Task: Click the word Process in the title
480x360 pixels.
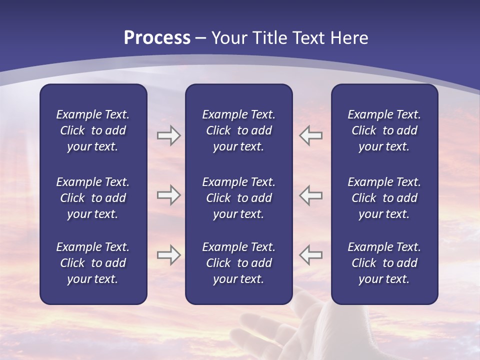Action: pyautogui.click(x=157, y=38)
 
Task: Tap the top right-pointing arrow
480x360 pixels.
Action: pyautogui.click(x=168, y=135)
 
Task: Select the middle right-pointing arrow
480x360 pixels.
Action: pyautogui.click(x=168, y=195)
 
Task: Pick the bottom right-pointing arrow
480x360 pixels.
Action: pyautogui.click(x=168, y=255)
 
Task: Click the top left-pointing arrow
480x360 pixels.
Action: pyautogui.click(x=311, y=135)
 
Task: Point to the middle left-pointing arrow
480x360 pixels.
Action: pyautogui.click(x=311, y=195)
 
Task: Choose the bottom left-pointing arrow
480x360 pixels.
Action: pyautogui.click(x=311, y=255)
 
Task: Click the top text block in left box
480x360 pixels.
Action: pyautogui.click(x=93, y=130)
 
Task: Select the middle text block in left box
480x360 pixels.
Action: pyautogui.click(x=93, y=198)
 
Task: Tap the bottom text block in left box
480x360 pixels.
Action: pyautogui.click(x=93, y=263)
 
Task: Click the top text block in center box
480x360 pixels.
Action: pyautogui.click(x=238, y=130)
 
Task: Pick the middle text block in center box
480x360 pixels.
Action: pyautogui.click(x=238, y=198)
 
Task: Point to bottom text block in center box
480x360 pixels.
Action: pyautogui.click(x=238, y=263)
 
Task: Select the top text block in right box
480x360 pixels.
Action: pyautogui.click(x=384, y=130)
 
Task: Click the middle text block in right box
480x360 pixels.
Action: pyautogui.click(x=384, y=198)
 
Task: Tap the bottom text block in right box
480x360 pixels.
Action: pyautogui.click(x=384, y=263)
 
